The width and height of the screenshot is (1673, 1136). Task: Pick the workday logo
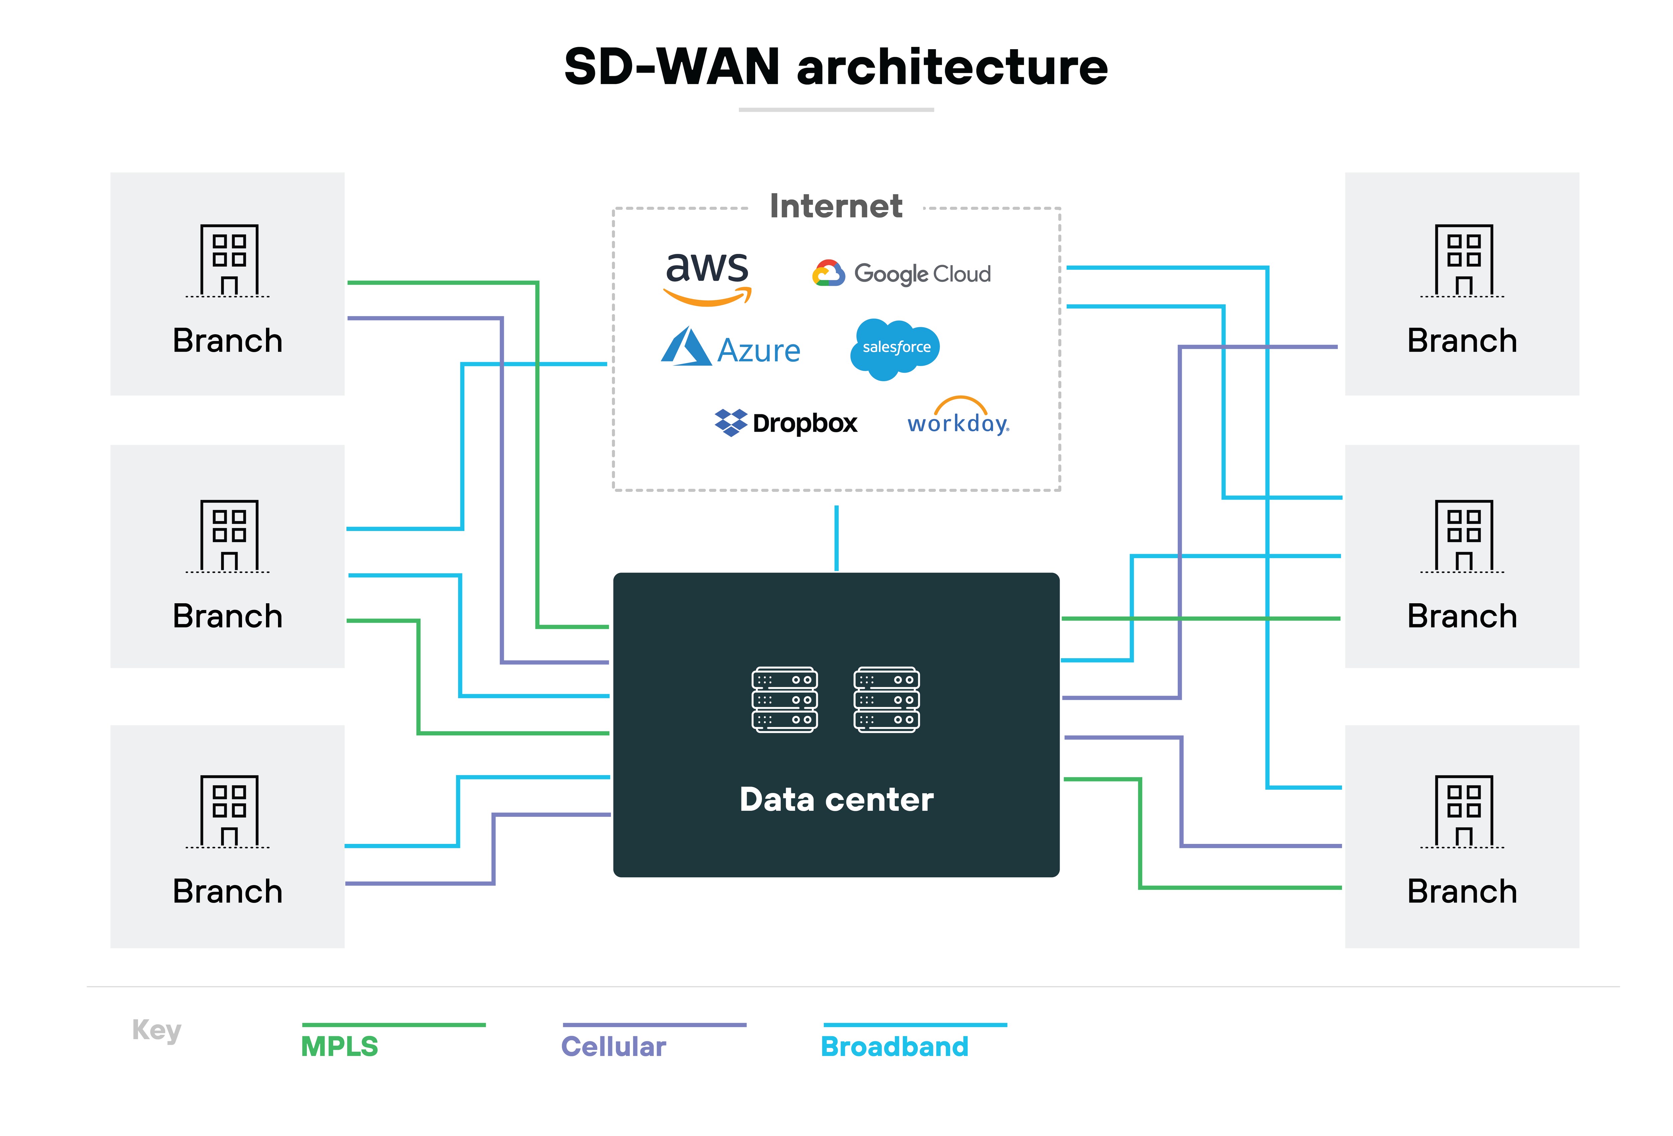958,418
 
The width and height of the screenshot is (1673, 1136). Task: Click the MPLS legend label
339,1046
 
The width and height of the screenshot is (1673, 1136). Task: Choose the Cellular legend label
613,1046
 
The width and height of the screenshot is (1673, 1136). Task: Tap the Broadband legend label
894,1046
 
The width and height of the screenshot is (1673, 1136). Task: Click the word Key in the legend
156,1030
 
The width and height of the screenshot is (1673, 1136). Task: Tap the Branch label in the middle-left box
228,616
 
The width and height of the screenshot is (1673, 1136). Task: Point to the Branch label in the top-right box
1462,341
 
